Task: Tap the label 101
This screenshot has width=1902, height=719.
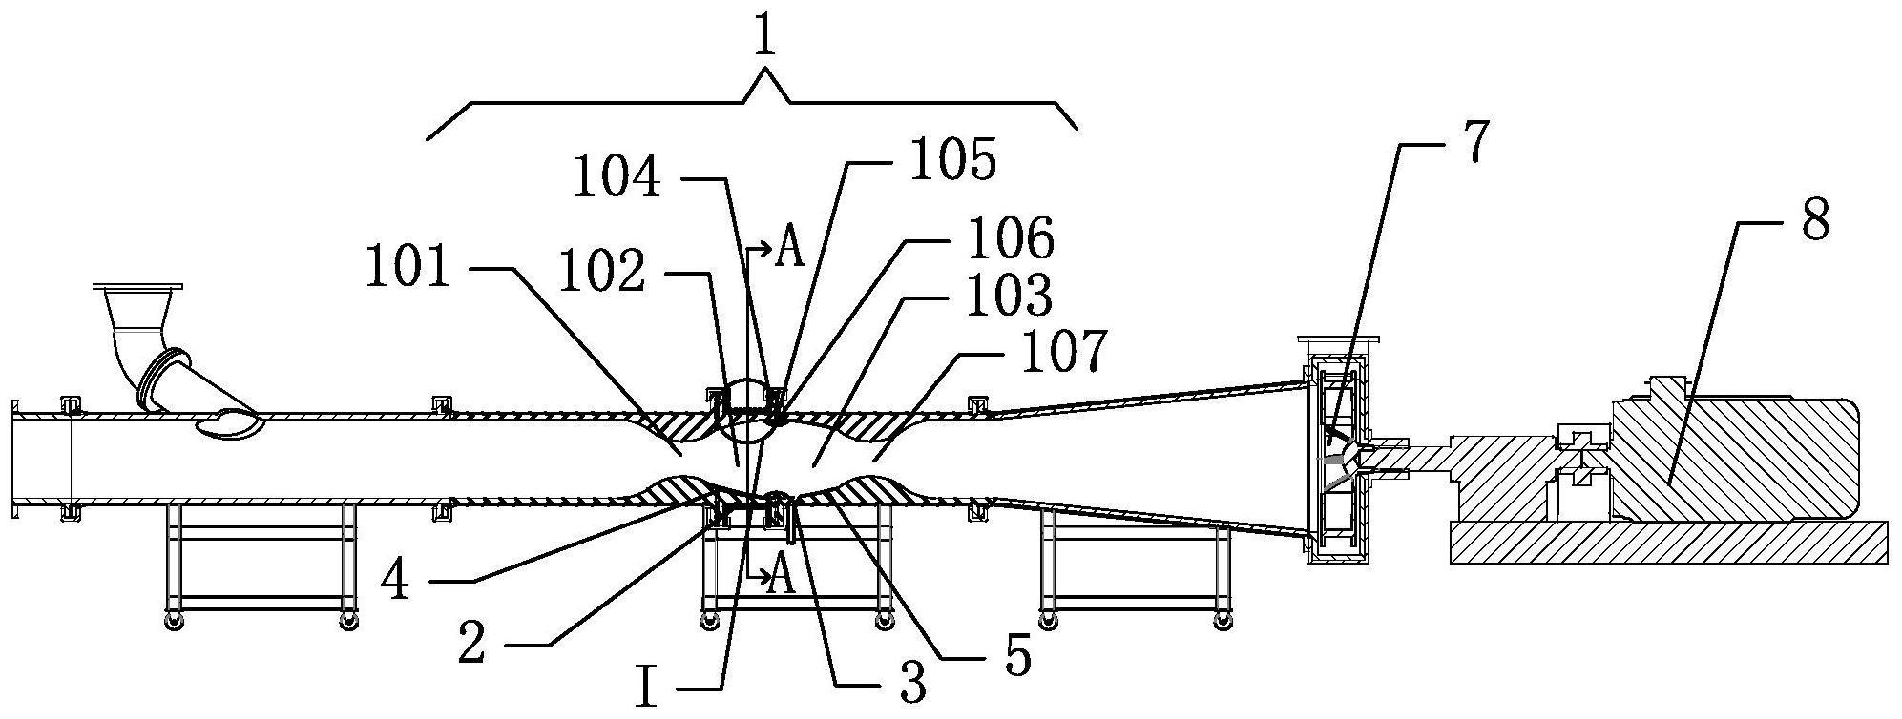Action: pos(408,270)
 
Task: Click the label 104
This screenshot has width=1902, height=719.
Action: pos(617,177)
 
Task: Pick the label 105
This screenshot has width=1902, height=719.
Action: pos(953,161)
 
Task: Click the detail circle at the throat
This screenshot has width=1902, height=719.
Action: pos(750,411)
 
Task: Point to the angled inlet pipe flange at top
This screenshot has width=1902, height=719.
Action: pos(138,286)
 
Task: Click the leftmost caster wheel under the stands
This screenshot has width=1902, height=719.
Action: pos(173,622)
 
